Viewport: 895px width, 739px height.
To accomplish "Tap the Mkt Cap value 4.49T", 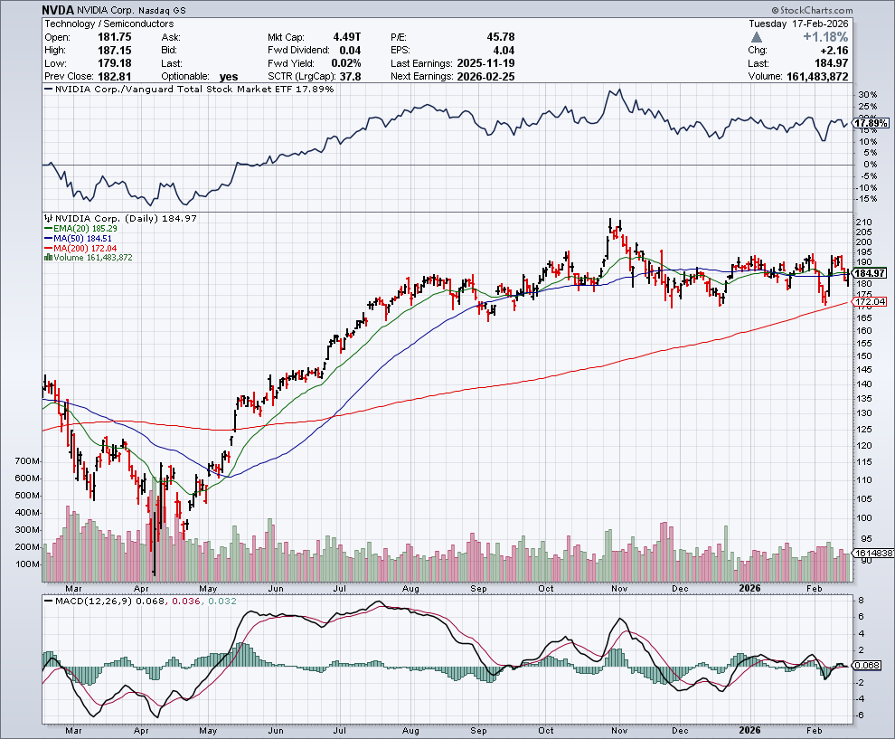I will [347, 37].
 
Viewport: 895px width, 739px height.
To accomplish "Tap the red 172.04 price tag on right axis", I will [868, 301].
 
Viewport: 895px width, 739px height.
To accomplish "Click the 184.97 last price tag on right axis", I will [868, 273].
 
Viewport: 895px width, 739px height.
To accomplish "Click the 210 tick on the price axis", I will [863, 222].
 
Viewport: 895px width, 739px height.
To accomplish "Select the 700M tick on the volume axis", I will [27, 461].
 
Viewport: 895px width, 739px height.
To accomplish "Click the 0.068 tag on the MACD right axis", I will [866, 666].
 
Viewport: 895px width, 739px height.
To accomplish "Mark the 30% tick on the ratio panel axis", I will [866, 95].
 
